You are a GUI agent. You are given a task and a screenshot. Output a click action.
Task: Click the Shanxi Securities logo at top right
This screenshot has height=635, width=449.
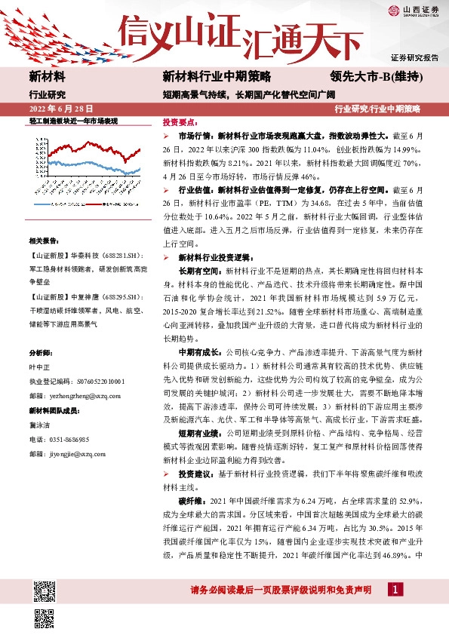click(x=414, y=11)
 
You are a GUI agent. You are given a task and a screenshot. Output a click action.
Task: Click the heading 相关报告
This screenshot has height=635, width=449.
click(x=45, y=241)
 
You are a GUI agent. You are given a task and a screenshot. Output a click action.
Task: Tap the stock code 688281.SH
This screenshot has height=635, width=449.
click(x=113, y=255)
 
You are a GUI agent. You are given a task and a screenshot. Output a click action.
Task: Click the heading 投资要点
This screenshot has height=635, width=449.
click(x=181, y=121)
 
